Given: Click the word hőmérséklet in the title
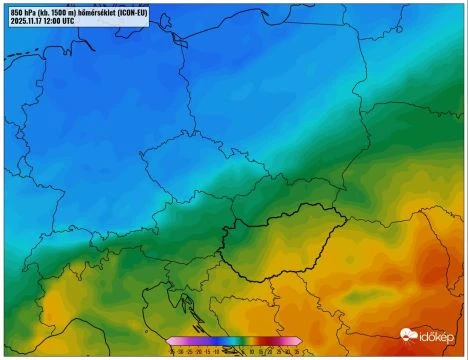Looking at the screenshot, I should point(87,12).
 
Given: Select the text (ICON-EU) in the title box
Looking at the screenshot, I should point(130,12).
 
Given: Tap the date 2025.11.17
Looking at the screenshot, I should point(29,20).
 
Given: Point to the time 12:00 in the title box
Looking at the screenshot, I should point(61,20).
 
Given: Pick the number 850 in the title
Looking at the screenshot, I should point(15,12).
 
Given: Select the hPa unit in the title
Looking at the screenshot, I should point(30,12).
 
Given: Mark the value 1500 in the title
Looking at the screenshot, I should point(57,12).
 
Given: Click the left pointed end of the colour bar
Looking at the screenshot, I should point(169,341).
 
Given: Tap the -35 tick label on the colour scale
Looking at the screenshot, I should point(172,349).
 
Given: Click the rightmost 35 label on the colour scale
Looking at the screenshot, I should point(297,349).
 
